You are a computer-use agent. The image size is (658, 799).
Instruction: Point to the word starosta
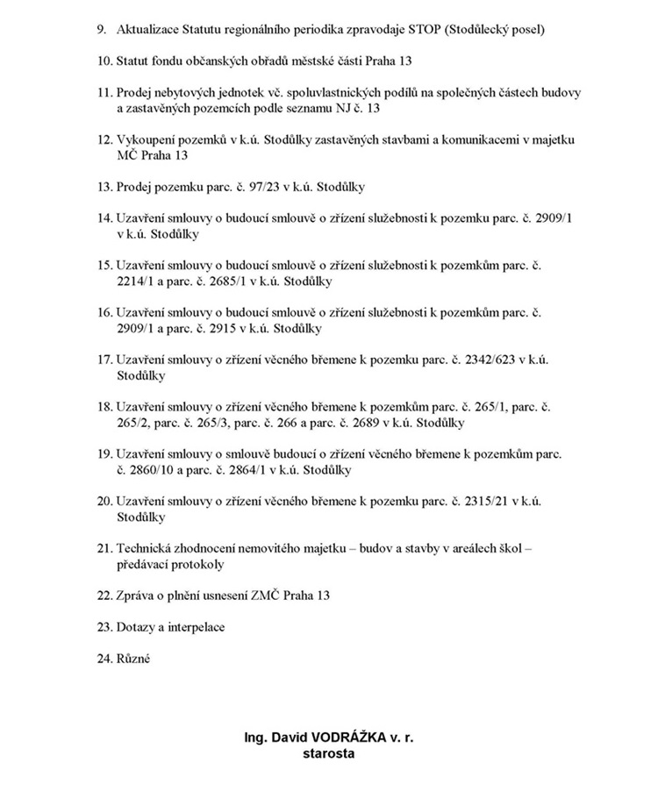click(328, 753)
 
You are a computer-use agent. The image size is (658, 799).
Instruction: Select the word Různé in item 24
click(133, 659)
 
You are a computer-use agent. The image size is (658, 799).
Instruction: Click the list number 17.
click(104, 360)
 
